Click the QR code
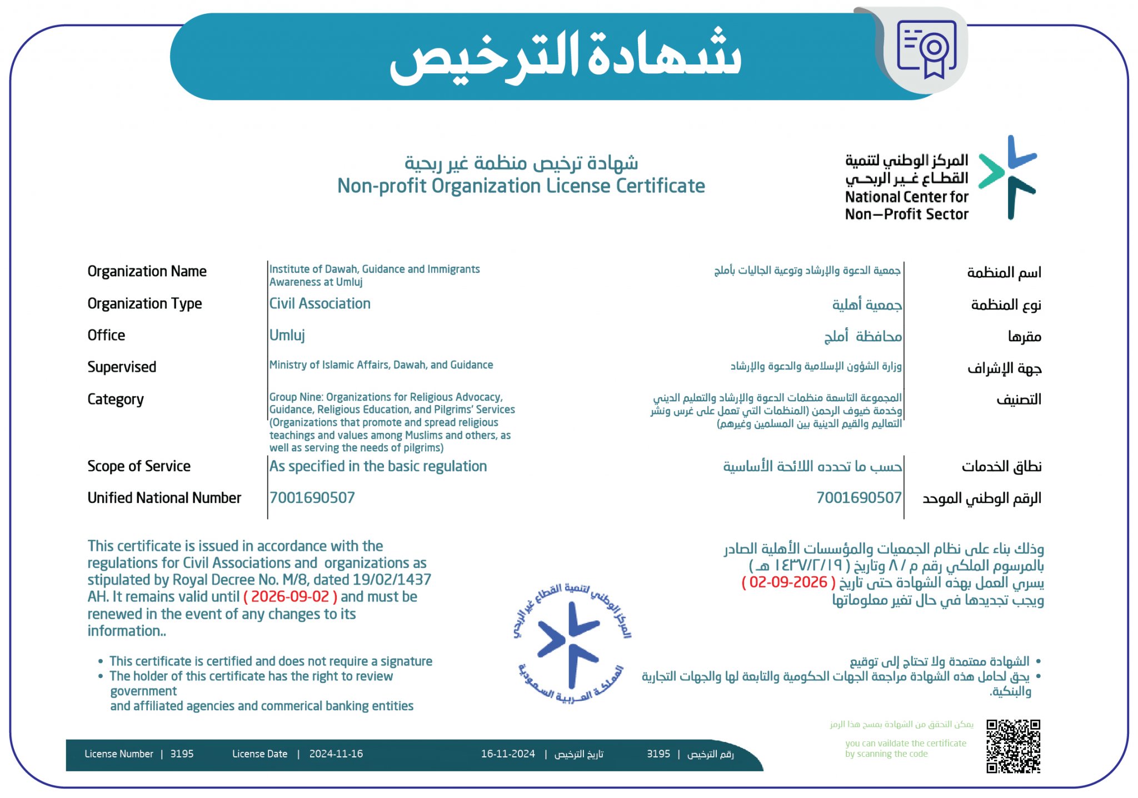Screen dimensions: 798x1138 [x=1013, y=746]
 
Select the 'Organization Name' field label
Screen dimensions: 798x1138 [x=147, y=271]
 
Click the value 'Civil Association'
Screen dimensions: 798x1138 [x=320, y=303]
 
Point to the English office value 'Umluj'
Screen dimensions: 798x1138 [x=287, y=335]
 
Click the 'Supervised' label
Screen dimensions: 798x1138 [x=122, y=367]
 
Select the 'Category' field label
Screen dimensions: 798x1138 [x=116, y=399]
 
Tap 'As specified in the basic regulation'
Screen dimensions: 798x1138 [x=378, y=466]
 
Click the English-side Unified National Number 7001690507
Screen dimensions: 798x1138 [x=312, y=497]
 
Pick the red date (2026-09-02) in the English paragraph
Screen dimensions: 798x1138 [x=290, y=597]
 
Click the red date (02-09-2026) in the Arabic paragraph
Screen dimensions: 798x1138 [x=788, y=582]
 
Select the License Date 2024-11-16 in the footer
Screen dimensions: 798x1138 [x=336, y=754]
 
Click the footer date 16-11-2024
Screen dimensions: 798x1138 [x=508, y=754]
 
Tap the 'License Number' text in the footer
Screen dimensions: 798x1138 [x=119, y=754]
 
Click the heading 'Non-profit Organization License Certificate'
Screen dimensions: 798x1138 [x=521, y=186]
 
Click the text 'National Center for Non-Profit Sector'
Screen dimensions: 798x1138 [x=906, y=206]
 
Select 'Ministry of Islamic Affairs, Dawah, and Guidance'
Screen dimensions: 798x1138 [x=381, y=365]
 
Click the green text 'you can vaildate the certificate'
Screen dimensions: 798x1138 [x=905, y=743]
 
